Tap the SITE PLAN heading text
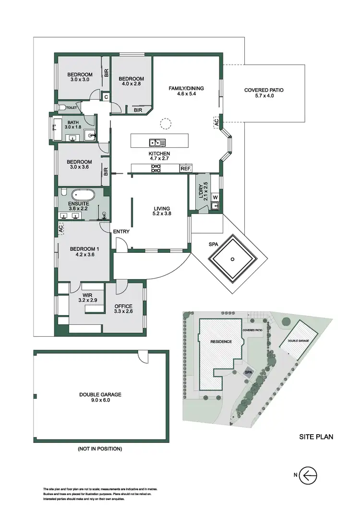(x=316, y=437)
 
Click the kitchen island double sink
(x=157, y=142)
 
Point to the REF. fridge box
(x=186, y=169)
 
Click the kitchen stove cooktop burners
(x=156, y=168)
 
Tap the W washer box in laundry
(x=215, y=197)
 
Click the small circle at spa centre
(x=232, y=259)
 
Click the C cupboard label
(x=106, y=97)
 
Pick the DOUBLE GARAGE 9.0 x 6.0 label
(x=101, y=397)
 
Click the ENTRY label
(x=121, y=232)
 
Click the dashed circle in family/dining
(x=166, y=124)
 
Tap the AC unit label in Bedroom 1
(x=61, y=229)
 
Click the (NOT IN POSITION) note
(x=100, y=449)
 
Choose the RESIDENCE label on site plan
(x=221, y=342)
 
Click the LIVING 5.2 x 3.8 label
(x=161, y=212)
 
